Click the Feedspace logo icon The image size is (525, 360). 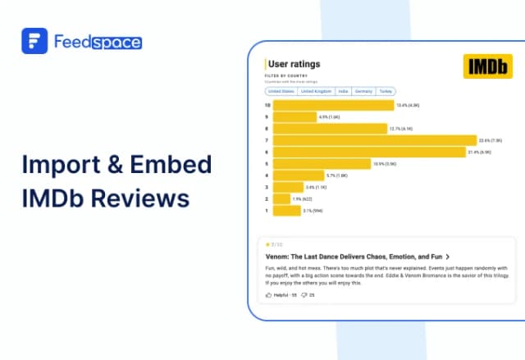(x=34, y=41)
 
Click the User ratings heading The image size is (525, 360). (x=294, y=64)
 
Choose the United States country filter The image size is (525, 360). (x=281, y=91)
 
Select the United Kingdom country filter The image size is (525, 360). (x=316, y=91)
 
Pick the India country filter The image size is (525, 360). (x=343, y=91)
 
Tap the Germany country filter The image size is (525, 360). (x=363, y=91)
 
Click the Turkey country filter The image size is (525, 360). (x=386, y=91)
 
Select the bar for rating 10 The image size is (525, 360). (x=333, y=105)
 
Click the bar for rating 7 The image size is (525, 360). (x=374, y=140)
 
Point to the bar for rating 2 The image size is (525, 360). (x=281, y=198)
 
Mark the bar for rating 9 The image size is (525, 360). (x=294, y=116)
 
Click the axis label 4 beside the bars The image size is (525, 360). (x=267, y=175)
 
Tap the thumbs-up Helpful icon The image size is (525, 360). (x=268, y=294)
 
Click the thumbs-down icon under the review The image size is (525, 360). (x=304, y=294)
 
